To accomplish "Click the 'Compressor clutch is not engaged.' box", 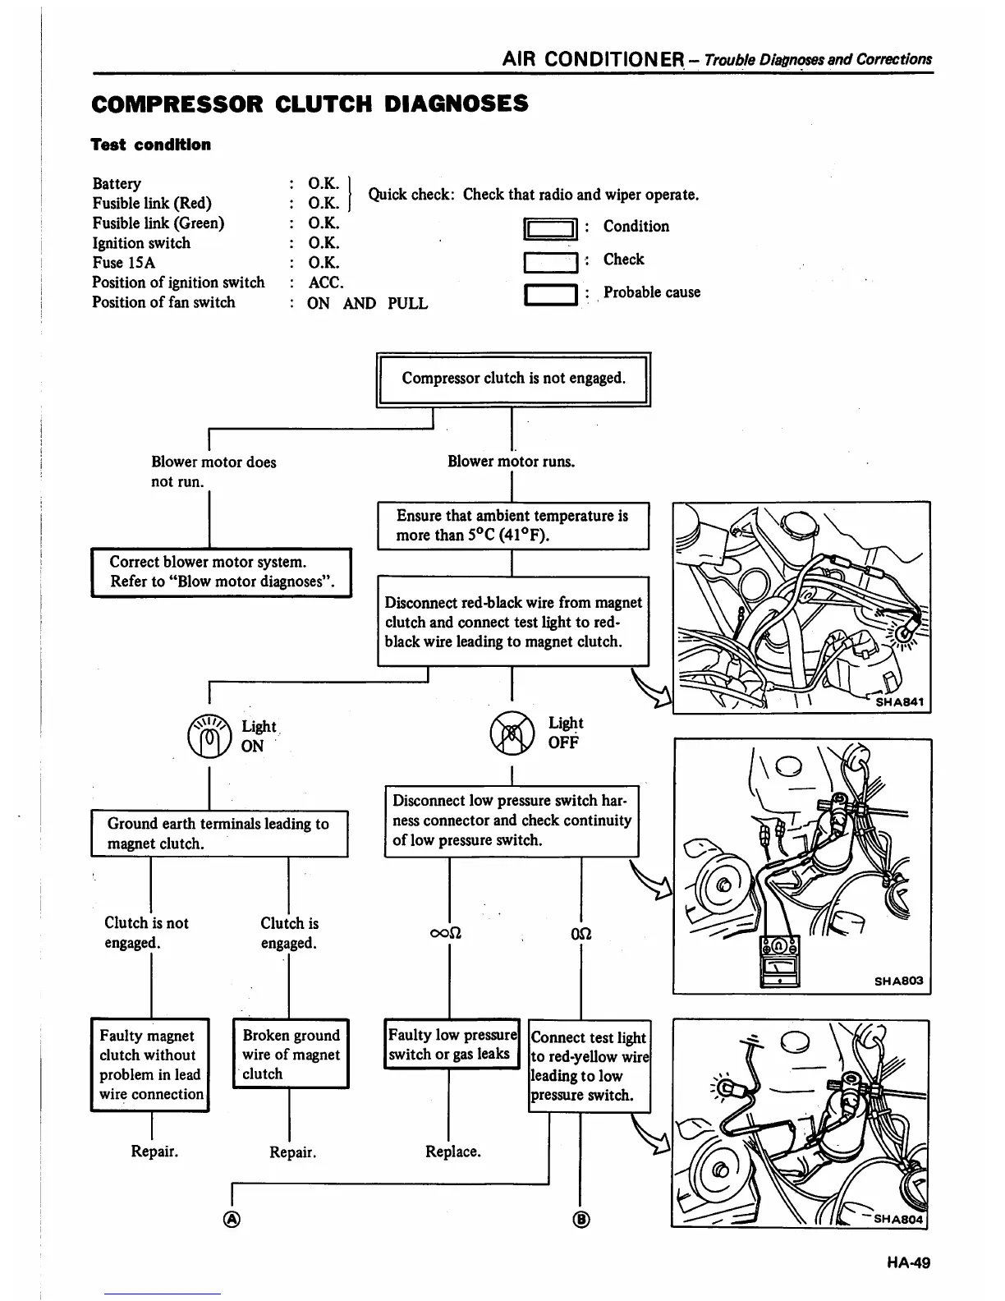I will tap(513, 379).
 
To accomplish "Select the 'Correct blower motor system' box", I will tap(221, 572).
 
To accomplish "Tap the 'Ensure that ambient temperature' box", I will tap(512, 526).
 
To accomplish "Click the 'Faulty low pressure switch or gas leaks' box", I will tap(452, 1045).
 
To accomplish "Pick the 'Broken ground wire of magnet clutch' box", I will tap(291, 1055).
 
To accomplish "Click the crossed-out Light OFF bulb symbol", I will tap(511, 733).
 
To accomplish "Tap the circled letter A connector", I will tap(232, 1220).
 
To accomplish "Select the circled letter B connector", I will tap(581, 1220).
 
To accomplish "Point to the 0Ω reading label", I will tap(581, 934).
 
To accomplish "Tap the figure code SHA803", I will tap(898, 981).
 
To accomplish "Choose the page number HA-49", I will tap(908, 1262).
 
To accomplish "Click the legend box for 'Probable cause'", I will tap(551, 294).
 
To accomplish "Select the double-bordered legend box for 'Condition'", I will tap(551, 228).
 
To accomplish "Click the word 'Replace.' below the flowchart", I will tap(452, 1152).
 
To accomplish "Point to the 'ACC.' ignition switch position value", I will tap(325, 283).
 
